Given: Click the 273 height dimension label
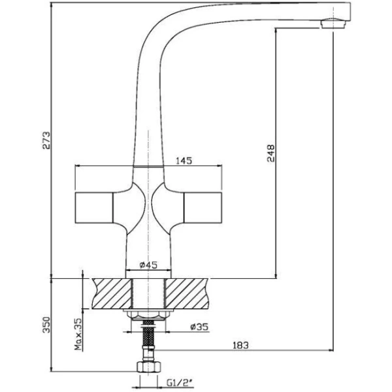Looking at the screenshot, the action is [46, 140].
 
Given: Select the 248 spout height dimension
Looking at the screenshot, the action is [270, 154].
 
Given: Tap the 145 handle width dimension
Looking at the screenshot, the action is [184, 161].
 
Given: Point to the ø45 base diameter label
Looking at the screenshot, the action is [148, 265].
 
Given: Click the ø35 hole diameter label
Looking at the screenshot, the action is [199, 327].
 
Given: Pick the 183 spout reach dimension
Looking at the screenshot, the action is [240, 345].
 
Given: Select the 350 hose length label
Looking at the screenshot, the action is [46, 325].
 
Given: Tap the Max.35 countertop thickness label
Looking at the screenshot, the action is [78, 334].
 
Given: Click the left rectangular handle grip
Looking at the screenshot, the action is [94, 208].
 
